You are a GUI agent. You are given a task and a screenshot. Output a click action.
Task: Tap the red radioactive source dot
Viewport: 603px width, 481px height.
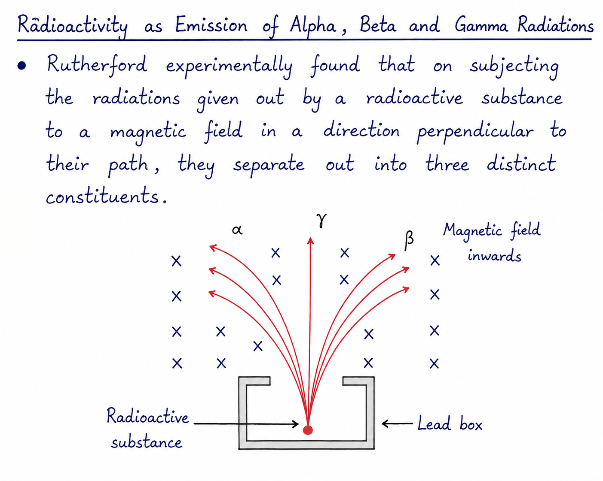click(x=308, y=430)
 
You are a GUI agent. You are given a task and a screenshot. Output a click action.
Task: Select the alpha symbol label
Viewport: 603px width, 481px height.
click(x=237, y=230)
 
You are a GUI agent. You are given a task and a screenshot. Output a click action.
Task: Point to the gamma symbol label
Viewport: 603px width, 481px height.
click(x=321, y=220)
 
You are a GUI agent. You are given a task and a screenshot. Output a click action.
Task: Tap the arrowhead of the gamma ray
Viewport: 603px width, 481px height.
click(x=310, y=240)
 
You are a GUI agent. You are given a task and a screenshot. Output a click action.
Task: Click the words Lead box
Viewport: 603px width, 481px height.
click(x=450, y=424)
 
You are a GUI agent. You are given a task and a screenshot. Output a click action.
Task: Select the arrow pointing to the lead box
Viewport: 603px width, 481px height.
click(x=397, y=424)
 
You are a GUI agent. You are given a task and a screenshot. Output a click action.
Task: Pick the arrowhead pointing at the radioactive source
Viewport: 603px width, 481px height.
click(x=296, y=424)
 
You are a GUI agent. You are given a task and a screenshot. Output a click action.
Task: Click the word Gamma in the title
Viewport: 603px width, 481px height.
click(x=481, y=25)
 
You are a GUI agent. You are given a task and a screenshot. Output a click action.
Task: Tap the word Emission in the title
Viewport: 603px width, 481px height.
click(x=211, y=25)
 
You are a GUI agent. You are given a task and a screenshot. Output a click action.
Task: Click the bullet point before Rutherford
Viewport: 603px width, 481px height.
click(x=21, y=66)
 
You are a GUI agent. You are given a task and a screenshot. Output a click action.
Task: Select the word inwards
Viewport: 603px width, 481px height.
click(x=494, y=256)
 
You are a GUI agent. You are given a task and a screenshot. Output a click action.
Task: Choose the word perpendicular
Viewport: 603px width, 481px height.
click(x=475, y=131)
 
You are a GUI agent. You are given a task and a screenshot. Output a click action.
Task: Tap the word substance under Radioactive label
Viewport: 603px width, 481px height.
click(x=147, y=443)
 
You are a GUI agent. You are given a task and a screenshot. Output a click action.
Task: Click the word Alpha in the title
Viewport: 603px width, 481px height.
click(x=313, y=26)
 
